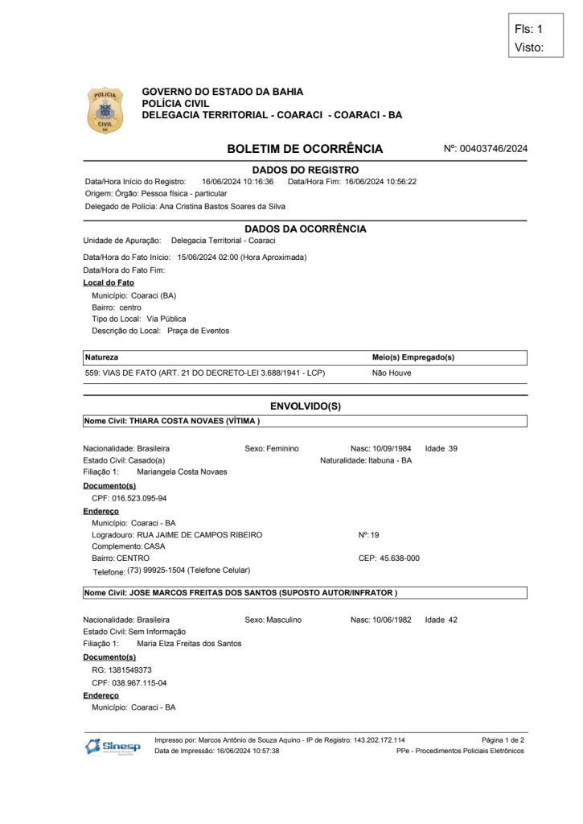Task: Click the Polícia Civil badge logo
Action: pyautogui.click(x=105, y=111)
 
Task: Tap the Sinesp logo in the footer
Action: pyautogui.click(x=113, y=746)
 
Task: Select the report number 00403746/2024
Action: pyautogui.click(x=493, y=149)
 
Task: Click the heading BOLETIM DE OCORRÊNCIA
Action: pyautogui.click(x=305, y=149)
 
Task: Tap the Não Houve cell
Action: pyautogui.click(x=391, y=373)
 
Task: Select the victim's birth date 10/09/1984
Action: pyautogui.click(x=392, y=448)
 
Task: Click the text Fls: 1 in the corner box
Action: pyautogui.click(x=528, y=29)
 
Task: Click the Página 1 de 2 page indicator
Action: pyautogui.click(x=503, y=740)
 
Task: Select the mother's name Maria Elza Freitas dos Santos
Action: pyautogui.click(x=189, y=643)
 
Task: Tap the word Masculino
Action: pyautogui.click(x=283, y=620)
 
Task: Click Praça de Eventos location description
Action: pyautogui.click(x=198, y=331)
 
